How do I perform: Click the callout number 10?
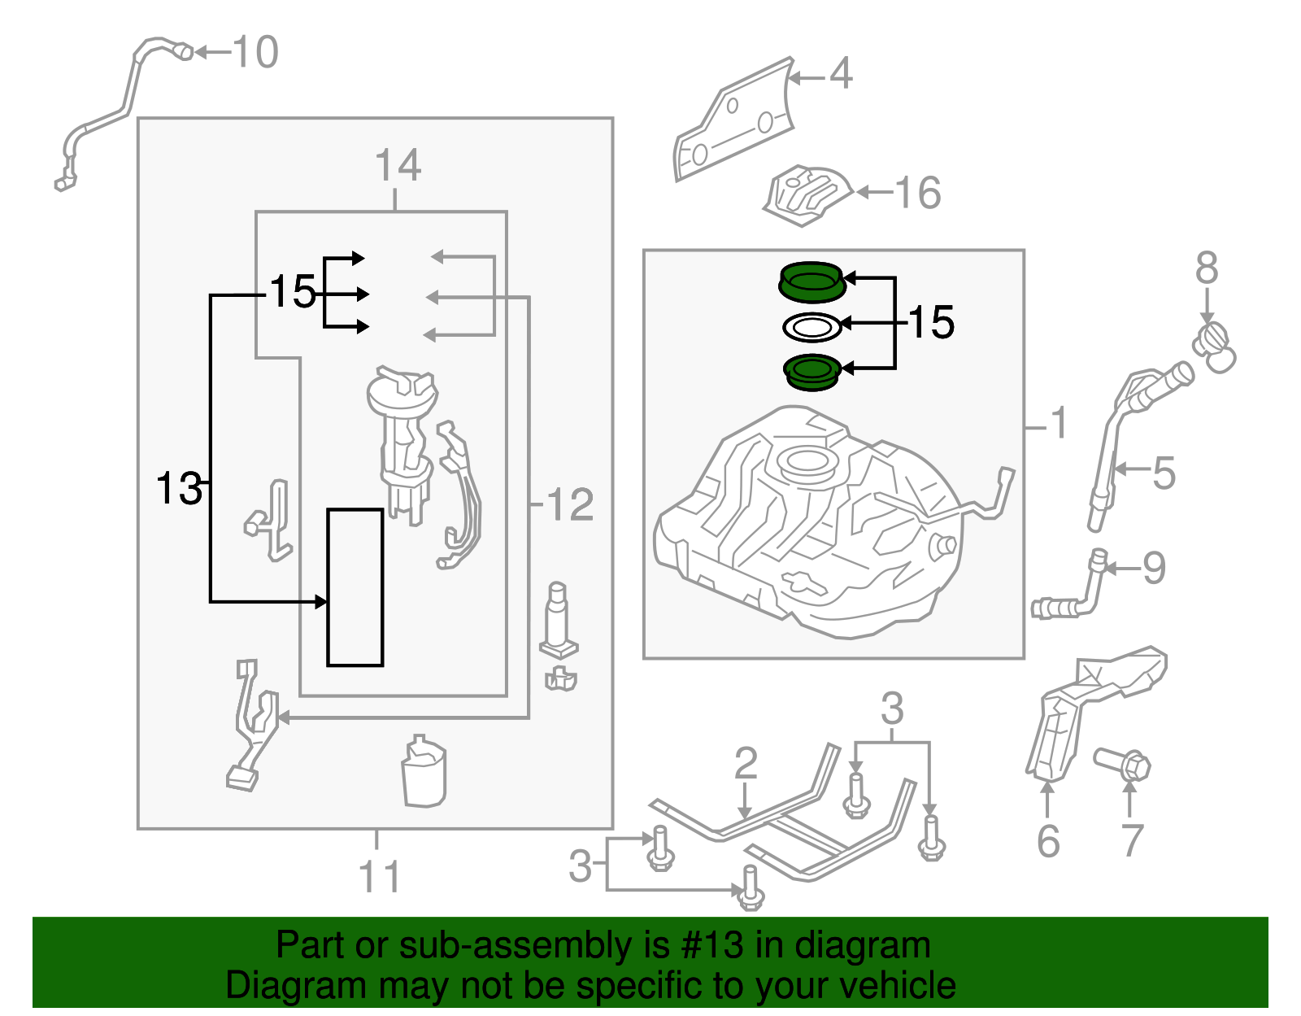255,53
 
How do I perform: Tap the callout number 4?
841,74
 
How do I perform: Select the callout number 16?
918,194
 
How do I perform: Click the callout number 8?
1207,268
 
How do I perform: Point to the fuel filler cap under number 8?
1215,347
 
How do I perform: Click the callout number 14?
398,166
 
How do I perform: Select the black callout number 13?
179,489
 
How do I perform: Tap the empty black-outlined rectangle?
355,587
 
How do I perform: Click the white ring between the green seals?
811,328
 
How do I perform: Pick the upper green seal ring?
811,281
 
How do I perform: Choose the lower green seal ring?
811,372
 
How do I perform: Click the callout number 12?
570,505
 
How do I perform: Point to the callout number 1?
1057,424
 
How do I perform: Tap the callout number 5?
1164,473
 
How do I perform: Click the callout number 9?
1154,568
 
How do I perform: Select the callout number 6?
1048,841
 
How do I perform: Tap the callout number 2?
746,764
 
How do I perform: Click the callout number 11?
379,878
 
